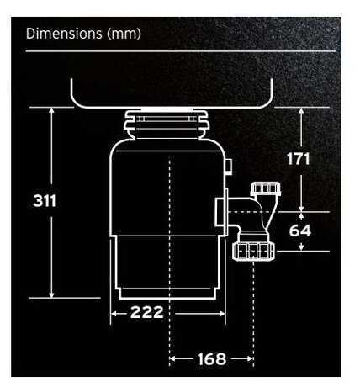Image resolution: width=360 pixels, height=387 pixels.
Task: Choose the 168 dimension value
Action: pos(211,359)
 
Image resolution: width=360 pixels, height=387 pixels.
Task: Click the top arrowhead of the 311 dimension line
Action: pos(52,110)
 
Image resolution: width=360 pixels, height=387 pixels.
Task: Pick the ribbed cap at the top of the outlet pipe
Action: pos(267,187)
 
